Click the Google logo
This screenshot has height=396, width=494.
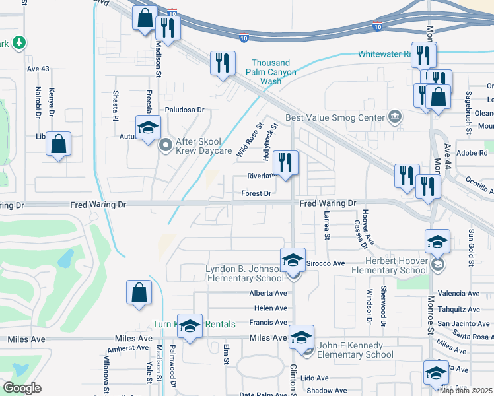[x=22, y=388]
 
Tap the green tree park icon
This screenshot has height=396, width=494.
[x=19, y=42]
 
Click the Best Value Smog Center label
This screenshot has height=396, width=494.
[x=335, y=118]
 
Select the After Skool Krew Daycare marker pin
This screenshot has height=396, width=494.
[x=166, y=143]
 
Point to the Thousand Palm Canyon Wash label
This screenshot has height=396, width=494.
[x=271, y=72]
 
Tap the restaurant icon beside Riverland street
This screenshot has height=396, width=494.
[x=285, y=163]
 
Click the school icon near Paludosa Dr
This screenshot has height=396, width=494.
[x=149, y=127]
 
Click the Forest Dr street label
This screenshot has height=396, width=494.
[x=257, y=193]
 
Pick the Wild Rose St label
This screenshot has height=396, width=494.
[x=249, y=139]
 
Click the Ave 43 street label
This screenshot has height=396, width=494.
[x=38, y=69]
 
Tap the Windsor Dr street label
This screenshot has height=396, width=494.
[x=370, y=306]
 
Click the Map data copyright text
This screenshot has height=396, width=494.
[x=466, y=390]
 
